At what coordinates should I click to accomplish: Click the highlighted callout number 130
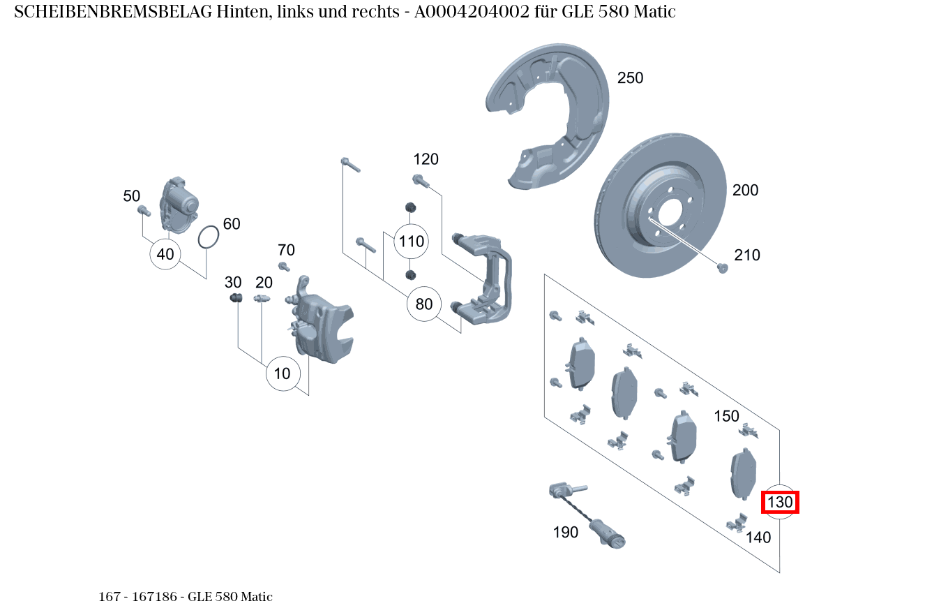780,503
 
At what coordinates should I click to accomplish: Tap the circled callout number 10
282,373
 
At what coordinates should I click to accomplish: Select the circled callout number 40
165,254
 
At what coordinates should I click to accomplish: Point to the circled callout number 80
424,304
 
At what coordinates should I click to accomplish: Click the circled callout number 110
411,242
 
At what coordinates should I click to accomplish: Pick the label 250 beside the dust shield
630,78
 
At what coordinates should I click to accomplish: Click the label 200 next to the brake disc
745,191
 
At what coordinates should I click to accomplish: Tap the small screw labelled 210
723,267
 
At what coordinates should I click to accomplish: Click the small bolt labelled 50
144,210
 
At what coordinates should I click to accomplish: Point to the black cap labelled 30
235,299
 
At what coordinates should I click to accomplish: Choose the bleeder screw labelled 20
262,299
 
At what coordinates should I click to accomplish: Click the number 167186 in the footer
158,597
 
